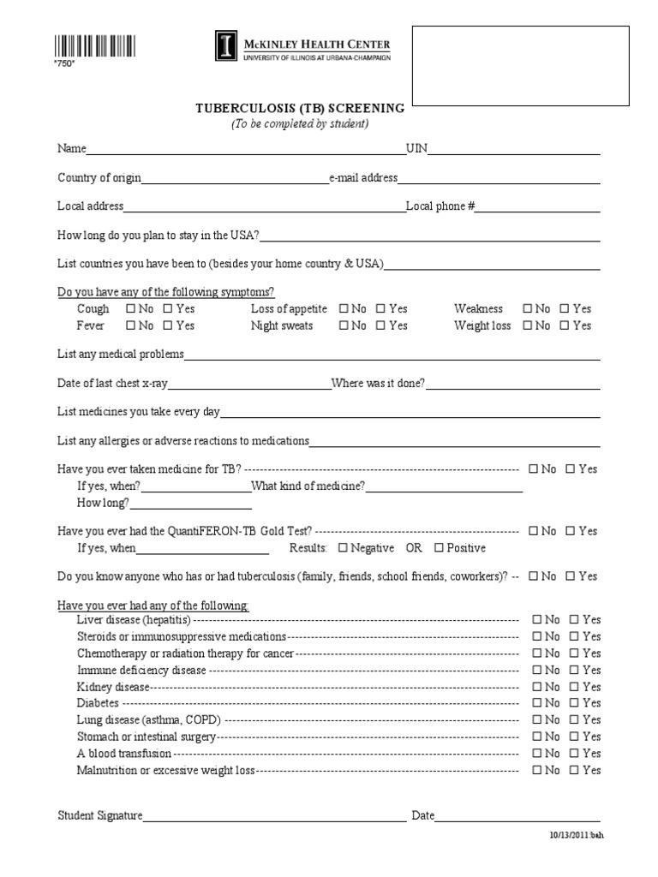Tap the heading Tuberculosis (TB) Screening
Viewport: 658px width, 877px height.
pyautogui.click(x=300, y=108)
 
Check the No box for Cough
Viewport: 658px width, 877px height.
pyautogui.click(x=130, y=309)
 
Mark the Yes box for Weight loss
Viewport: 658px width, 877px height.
pyautogui.click(x=565, y=326)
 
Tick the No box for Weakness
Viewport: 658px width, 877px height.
pyautogui.click(x=528, y=309)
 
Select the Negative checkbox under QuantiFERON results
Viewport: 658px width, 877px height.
pyautogui.click(x=344, y=548)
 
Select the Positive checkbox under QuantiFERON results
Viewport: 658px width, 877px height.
pyautogui.click(x=439, y=548)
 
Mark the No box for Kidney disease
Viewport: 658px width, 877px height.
pyautogui.click(x=536, y=687)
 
